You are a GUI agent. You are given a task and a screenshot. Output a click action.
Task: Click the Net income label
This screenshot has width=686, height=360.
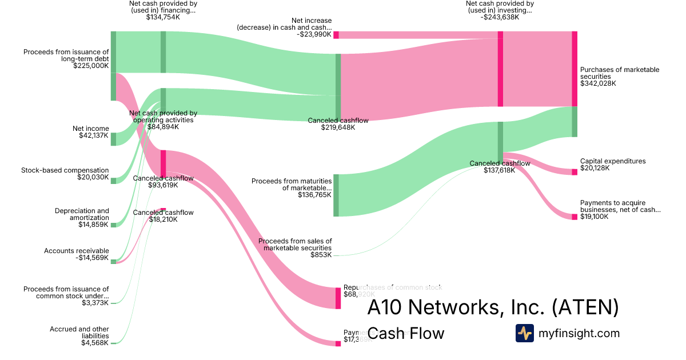tap(90, 129)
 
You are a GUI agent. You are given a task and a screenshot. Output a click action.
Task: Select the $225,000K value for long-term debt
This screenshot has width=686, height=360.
tap(91, 66)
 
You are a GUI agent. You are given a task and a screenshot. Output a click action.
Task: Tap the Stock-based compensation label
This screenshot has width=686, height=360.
tap(65, 170)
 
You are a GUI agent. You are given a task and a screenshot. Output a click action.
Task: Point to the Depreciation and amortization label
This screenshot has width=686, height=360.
tap(82, 214)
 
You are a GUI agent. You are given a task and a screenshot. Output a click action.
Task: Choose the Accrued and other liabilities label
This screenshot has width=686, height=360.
tap(79, 333)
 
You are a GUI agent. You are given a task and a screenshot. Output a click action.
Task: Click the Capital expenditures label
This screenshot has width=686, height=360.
tap(613, 161)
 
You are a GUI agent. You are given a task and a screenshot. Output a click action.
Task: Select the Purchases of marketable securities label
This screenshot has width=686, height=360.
tap(620, 73)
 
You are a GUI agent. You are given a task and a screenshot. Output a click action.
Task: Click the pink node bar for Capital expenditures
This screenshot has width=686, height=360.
tap(575, 172)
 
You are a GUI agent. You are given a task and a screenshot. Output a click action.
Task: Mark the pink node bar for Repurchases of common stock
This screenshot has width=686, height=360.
tap(338, 298)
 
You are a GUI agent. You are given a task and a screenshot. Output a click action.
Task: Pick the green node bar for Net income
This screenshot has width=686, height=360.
tap(113, 139)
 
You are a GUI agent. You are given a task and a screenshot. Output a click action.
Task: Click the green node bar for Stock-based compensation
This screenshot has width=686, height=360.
tap(113, 181)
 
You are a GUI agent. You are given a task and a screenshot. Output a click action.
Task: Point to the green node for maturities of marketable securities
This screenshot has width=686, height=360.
tap(336, 195)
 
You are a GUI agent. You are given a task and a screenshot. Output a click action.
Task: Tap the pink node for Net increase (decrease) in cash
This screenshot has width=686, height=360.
tap(336, 35)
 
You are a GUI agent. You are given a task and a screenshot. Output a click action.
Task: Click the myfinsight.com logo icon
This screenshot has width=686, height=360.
tap(525, 333)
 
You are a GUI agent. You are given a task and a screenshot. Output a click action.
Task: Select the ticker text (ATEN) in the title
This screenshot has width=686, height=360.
tap(585, 307)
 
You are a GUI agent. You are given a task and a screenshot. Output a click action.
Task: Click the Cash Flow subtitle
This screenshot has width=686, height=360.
tap(405, 333)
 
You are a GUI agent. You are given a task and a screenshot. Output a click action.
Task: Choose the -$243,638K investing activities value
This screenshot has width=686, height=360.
tap(500, 17)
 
